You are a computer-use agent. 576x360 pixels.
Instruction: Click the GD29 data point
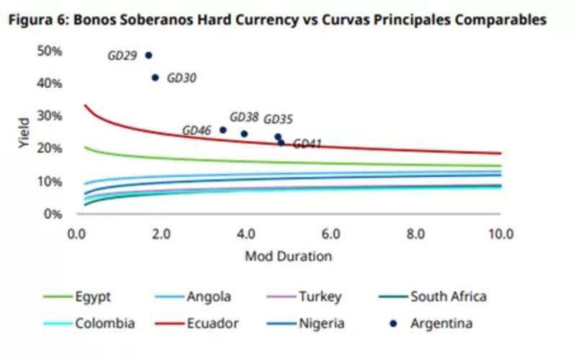[148, 55]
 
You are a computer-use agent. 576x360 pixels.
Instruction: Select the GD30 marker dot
[155, 78]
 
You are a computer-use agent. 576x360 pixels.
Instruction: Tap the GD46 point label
[197, 131]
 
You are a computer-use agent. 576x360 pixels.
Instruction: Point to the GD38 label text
[244, 117]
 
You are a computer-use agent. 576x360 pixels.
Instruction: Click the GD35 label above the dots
[278, 119]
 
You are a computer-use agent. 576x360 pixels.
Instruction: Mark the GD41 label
[307, 144]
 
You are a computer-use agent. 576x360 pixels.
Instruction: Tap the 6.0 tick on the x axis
[330, 234]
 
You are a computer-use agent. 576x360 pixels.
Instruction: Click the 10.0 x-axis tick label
[500, 234]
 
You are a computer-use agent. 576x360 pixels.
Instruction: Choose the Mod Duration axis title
[288, 256]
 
